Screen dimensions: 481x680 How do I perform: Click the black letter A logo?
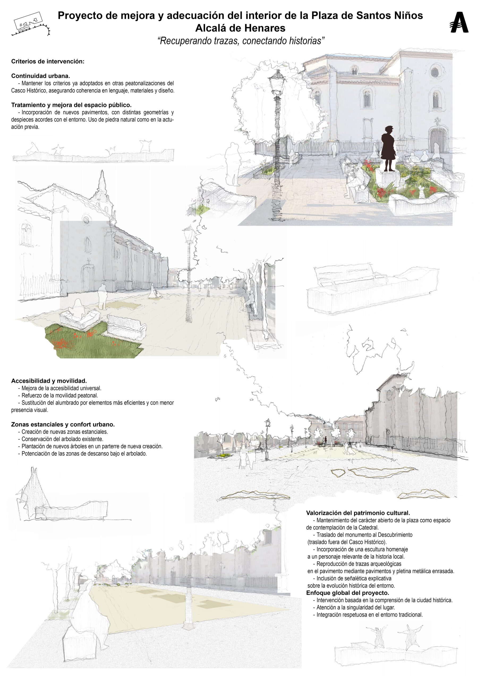pyautogui.click(x=459, y=22)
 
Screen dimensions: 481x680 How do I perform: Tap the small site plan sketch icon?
pyautogui.click(x=31, y=24)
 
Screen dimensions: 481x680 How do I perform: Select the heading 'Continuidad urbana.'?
pyautogui.click(x=41, y=76)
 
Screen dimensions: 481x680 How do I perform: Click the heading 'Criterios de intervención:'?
pyautogui.click(x=48, y=61)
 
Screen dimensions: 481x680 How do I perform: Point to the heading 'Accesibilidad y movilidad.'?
pyautogui.click(x=49, y=381)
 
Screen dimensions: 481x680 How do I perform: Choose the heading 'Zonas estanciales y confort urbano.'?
pyautogui.click(x=63, y=424)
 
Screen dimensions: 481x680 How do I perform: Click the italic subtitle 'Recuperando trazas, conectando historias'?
pyautogui.click(x=241, y=41)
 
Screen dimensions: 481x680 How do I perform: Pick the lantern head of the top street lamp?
pyautogui.click(x=277, y=82)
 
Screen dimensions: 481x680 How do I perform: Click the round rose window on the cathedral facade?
pyautogui.click(x=435, y=72)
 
